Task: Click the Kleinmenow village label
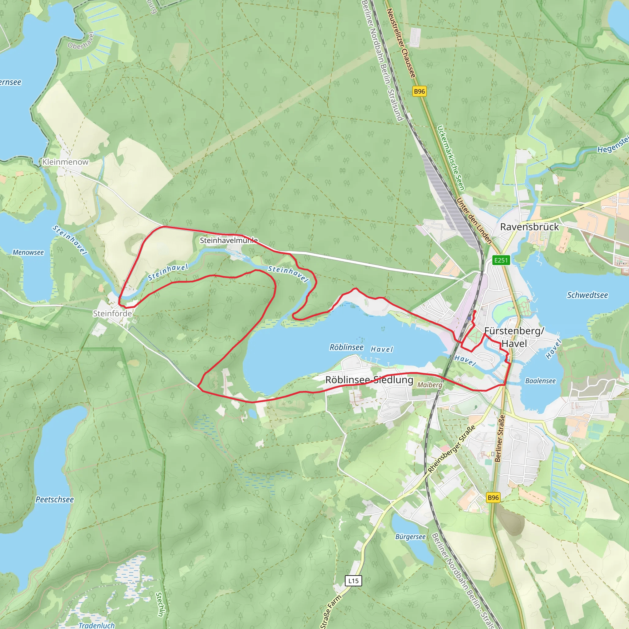[x=65, y=162]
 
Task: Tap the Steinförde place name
[x=112, y=314]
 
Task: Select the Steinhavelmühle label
[x=229, y=240]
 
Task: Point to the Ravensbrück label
[x=529, y=227]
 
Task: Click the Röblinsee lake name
[x=346, y=347]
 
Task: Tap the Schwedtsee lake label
[x=587, y=295]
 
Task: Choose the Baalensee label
[x=541, y=381]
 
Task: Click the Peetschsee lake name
[x=55, y=499]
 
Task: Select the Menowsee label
[x=28, y=252]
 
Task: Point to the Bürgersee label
[x=410, y=537]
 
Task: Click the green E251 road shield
[x=501, y=260]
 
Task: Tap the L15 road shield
[x=353, y=581]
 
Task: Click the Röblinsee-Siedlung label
[x=369, y=380]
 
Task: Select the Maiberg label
[x=430, y=385]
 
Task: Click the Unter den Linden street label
[x=474, y=221]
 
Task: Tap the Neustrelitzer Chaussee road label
[x=401, y=43]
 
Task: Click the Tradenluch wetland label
[x=97, y=625]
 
